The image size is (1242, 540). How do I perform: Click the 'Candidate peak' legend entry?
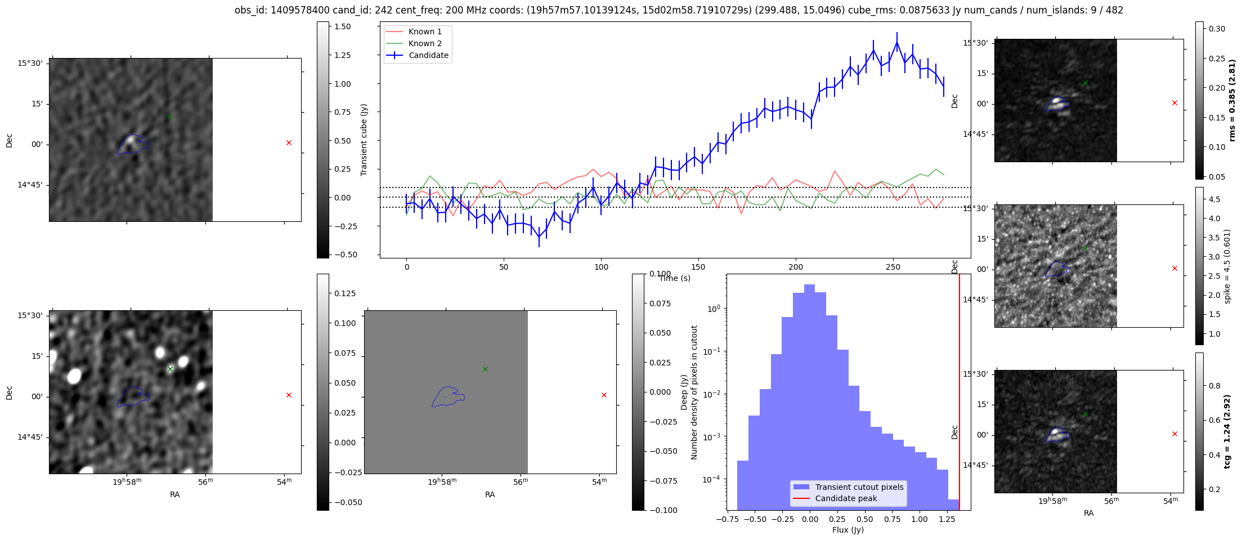(x=846, y=498)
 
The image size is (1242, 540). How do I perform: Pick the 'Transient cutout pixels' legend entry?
(x=859, y=487)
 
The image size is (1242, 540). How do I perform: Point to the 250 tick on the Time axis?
(x=893, y=267)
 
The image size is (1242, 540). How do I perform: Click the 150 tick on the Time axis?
(x=698, y=267)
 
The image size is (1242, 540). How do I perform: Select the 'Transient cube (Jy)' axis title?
(x=364, y=140)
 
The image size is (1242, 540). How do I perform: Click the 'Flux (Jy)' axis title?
(x=848, y=530)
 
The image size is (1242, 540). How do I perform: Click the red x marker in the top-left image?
(x=289, y=143)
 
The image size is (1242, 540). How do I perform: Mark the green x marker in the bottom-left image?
(x=170, y=369)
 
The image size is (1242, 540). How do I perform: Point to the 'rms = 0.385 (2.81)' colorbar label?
(x=1232, y=100)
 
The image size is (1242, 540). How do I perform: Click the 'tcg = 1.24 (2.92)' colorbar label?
(x=1227, y=431)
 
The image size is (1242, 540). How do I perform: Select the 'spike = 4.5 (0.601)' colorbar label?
(x=1227, y=266)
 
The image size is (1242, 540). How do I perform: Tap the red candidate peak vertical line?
(x=959, y=394)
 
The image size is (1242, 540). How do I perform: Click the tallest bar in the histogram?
(x=809, y=394)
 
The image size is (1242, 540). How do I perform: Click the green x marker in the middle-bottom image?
(x=485, y=369)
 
